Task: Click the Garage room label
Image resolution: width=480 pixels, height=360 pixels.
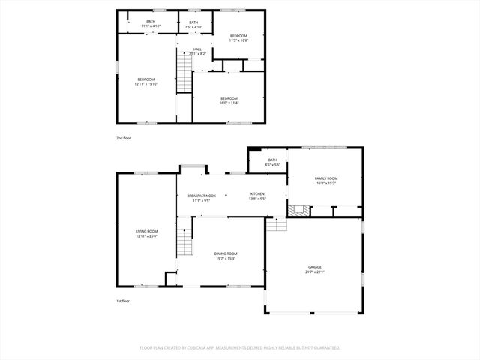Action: pos(314,266)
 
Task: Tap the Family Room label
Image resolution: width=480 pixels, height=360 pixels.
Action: pos(325,178)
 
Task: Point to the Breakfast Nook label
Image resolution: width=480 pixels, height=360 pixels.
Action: pos(201,196)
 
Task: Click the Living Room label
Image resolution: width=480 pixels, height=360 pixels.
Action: pos(146,231)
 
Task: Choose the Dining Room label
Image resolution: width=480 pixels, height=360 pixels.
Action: pos(226,253)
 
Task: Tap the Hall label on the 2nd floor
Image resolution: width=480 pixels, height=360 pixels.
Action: pos(197,49)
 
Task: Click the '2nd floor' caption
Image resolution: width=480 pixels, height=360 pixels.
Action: pos(122,138)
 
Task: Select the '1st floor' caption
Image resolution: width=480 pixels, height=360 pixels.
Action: pos(122,301)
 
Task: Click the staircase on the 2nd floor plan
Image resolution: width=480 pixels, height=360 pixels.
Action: pos(184,75)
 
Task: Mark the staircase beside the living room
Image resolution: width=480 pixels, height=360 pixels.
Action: pos(184,241)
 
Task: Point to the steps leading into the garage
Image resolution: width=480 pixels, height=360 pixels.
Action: pos(277,223)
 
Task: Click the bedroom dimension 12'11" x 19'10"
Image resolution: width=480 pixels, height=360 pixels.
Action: pos(145,84)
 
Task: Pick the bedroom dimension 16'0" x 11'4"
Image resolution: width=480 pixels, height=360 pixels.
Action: pos(229,103)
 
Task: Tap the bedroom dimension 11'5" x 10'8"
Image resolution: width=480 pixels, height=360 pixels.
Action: pos(238,40)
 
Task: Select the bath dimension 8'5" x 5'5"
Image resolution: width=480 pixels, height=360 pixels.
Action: pos(272,164)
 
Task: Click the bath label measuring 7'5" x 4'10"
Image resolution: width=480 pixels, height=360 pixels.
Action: pos(193,27)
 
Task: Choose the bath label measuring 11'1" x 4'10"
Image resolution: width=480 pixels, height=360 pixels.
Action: pos(151,26)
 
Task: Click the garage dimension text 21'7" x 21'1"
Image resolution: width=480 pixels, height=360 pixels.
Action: pos(314,271)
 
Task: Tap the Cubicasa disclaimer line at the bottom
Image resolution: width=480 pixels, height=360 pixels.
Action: pos(240,348)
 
